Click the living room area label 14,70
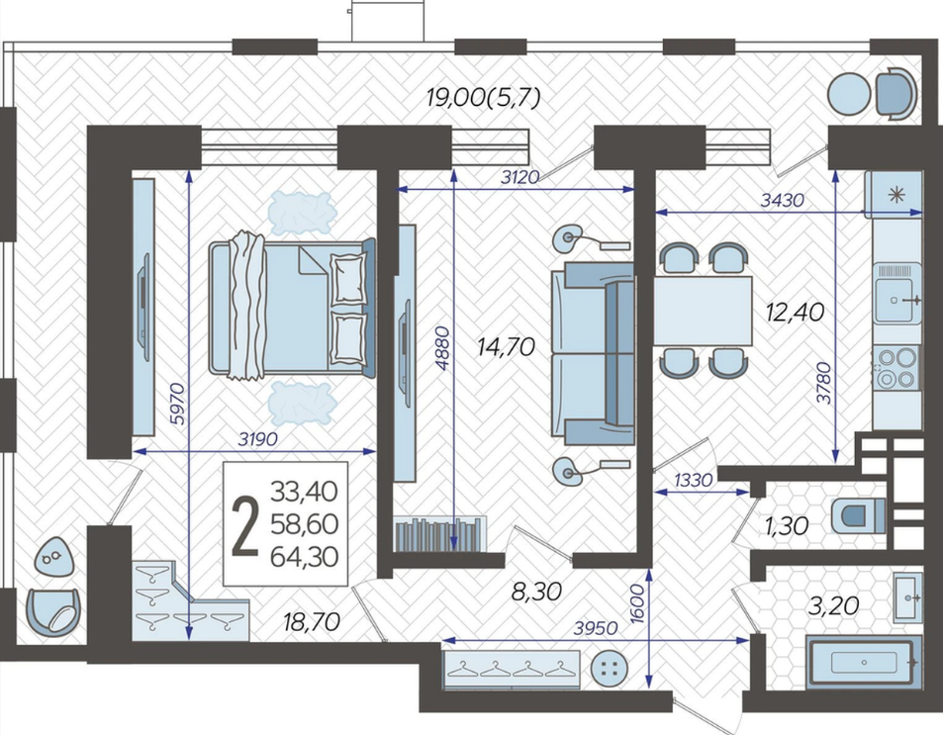point(506,347)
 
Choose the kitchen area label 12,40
point(795,313)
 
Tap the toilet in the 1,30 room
point(859,515)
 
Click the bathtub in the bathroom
point(864,662)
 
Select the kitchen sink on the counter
point(897,301)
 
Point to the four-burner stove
point(897,367)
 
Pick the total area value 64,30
point(305,557)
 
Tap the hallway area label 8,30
point(536,592)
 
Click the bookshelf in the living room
point(439,533)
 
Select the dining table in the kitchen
point(704,311)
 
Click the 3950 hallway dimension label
point(596,628)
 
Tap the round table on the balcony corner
point(849,93)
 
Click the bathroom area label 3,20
point(833,605)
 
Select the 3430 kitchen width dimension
point(782,200)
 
